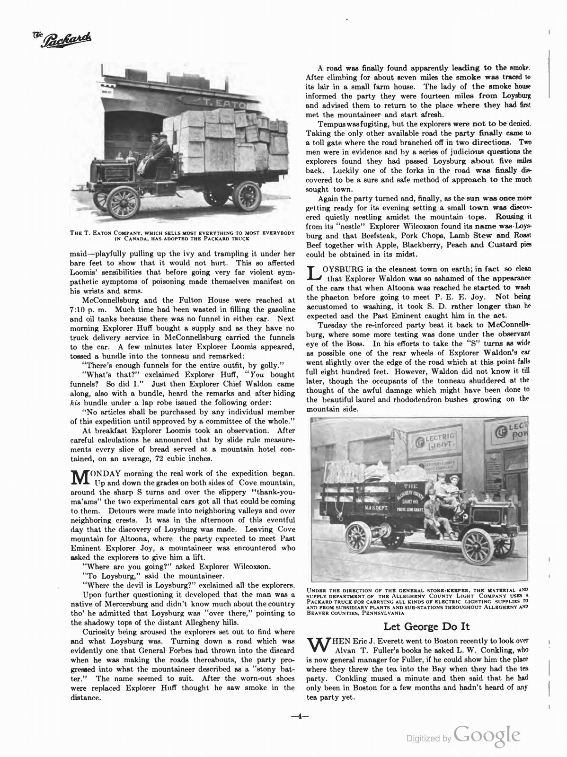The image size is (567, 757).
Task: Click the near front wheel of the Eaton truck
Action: pyautogui.click(x=123, y=202)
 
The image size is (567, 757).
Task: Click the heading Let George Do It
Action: pyautogui.click(x=426, y=626)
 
